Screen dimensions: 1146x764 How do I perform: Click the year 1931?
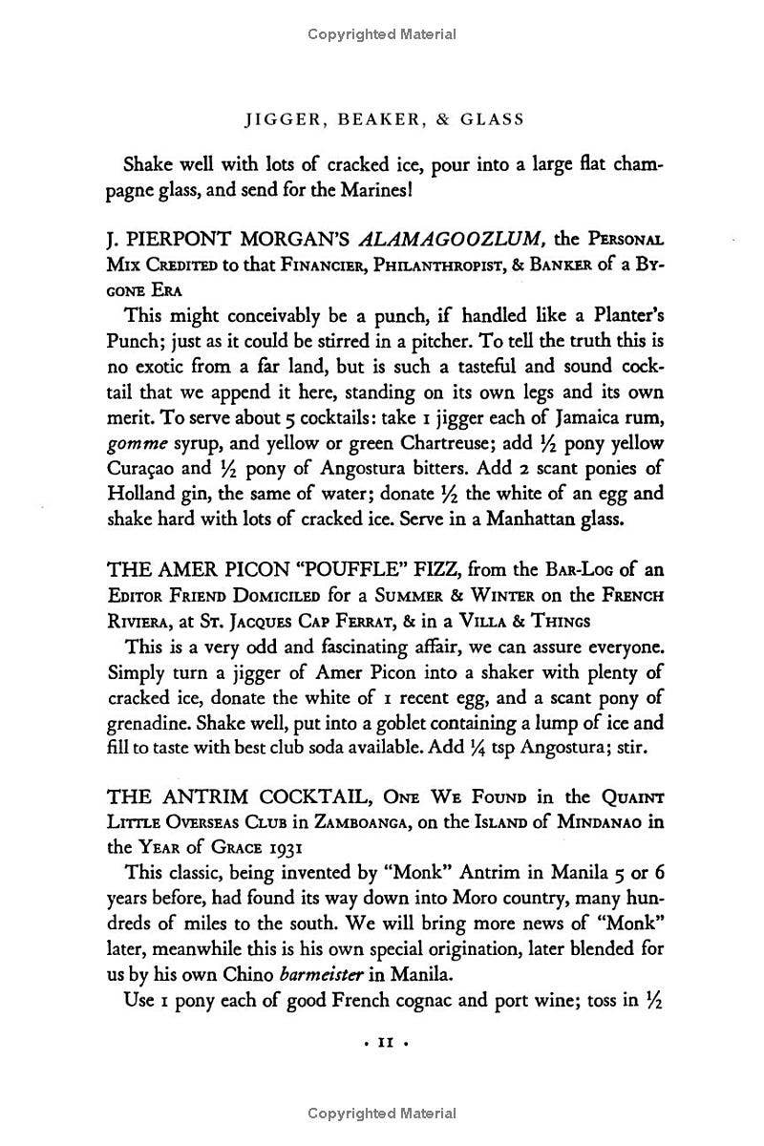pos(286,849)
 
